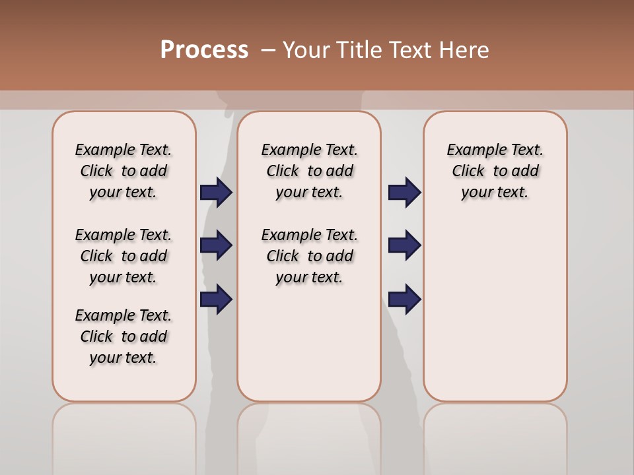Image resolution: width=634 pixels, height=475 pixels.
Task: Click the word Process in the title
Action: coord(204,50)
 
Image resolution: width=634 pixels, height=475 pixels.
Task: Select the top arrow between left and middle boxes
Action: coord(216,193)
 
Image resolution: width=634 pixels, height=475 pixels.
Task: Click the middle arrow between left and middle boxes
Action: coord(216,245)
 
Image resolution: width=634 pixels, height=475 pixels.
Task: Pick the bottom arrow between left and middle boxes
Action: coord(216,300)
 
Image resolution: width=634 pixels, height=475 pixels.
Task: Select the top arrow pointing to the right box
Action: coord(404,193)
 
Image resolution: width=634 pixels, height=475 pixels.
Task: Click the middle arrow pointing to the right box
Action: coord(404,245)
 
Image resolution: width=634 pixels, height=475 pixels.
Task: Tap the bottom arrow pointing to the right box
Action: coord(404,300)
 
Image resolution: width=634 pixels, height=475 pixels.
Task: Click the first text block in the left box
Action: coord(123,171)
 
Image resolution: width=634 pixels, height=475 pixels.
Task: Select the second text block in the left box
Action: coord(123,256)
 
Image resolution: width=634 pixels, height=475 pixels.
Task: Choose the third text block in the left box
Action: coord(123,336)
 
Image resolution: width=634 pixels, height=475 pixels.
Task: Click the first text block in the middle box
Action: coord(309,171)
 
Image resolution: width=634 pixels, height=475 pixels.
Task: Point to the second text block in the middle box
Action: coord(309,256)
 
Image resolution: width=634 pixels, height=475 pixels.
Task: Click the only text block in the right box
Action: coord(495,171)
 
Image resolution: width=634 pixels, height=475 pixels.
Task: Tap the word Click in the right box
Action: coord(468,172)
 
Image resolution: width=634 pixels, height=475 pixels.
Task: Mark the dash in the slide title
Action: coord(267,50)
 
